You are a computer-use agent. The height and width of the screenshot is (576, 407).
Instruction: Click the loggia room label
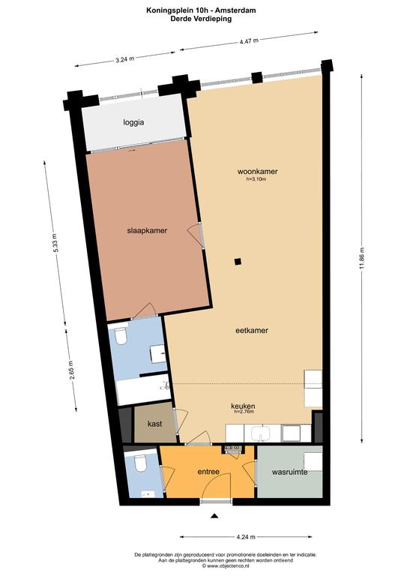(x=133, y=122)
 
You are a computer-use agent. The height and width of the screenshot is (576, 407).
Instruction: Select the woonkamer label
(x=257, y=171)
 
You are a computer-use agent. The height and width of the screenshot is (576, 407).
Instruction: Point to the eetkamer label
(x=252, y=330)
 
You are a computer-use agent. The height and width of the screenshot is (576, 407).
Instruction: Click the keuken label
(x=243, y=406)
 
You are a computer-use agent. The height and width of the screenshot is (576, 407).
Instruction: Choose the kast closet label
(x=155, y=424)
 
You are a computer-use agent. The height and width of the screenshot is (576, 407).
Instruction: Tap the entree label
(x=208, y=472)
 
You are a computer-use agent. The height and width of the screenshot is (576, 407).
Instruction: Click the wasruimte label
(x=289, y=472)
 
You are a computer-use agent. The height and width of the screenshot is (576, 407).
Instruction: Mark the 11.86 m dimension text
(x=362, y=258)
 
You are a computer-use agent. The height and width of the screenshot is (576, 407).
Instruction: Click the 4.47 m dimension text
(x=249, y=40)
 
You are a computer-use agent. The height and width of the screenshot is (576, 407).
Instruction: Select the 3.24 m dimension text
(x=124, y=58)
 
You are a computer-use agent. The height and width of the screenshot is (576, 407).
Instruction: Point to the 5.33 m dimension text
(x=55, y=243)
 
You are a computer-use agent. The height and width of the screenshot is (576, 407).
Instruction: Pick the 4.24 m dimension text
(x=246, y=537)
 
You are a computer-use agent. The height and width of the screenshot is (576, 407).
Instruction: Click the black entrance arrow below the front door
(x=214, y=516)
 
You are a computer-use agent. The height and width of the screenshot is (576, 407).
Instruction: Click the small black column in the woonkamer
(x=238, y=262)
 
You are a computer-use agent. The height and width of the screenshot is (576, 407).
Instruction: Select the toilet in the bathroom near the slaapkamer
(x=121, y=335)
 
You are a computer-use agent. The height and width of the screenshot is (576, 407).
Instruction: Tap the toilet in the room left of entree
(x=140, y=463)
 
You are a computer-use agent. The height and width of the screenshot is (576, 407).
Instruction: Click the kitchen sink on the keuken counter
(x=262, y=433)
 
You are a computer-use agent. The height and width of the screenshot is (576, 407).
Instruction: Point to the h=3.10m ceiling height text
(x=256, y=179)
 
